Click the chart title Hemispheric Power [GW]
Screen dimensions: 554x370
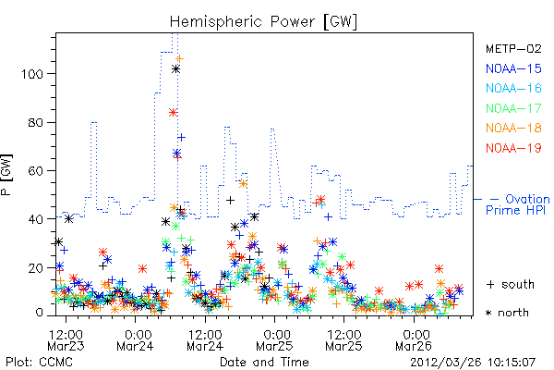tap(263, 21)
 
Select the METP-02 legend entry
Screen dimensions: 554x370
tap(513, 48)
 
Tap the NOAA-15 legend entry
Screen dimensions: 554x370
tap(513, 68)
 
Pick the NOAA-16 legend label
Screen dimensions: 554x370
tap(513, 88)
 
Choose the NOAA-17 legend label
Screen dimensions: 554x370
tap(513, 108)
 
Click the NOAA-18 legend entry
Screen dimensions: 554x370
tap(513, 128)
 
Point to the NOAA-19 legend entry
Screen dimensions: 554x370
tap(513, 148)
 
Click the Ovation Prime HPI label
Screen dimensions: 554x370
tap(518, 204)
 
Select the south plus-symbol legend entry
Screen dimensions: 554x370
tap(511, 284)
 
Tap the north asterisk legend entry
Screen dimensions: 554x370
tap(507, 313)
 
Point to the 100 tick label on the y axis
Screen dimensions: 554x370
tap(32, 74)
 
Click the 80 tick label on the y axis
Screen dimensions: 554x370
tap(36, 122)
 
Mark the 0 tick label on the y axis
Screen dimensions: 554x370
tap(40, 313)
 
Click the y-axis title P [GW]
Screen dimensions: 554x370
tap(6, 175)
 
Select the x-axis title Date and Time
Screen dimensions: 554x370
tap(264, 363)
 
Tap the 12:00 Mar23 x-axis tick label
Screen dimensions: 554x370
tap(66, 340)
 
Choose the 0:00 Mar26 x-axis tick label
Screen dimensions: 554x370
tap(414, 340)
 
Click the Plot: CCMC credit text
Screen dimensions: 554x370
tap(39, 363)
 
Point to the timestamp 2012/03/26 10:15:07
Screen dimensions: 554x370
tap(473, 363)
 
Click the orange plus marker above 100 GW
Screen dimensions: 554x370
tap(180, 58)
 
